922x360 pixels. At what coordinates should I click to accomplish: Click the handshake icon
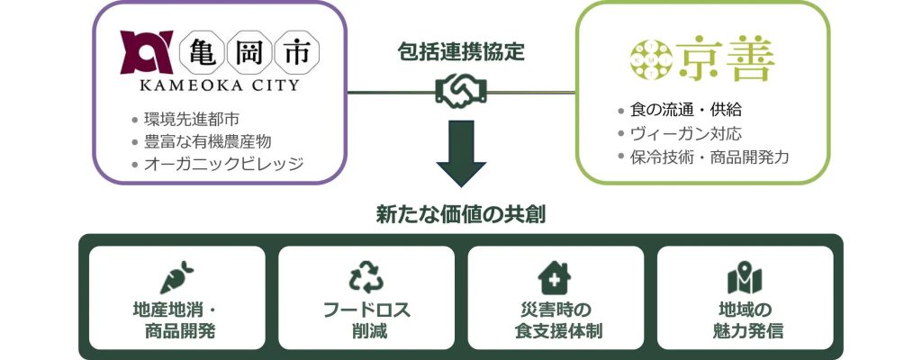pos(460,92)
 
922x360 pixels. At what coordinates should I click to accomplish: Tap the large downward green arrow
pos(460,159)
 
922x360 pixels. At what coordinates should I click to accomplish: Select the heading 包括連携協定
pos(460,51)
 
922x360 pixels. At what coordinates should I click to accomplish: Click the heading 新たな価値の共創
pos(460,215)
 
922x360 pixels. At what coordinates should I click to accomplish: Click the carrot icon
pos(177,276)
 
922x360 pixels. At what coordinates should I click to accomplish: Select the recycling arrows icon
pos(366,276)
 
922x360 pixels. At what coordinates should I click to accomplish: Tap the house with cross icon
pos(555,276)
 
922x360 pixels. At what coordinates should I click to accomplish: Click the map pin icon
pos(744,276)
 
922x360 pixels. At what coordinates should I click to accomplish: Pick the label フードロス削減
pos(366,319)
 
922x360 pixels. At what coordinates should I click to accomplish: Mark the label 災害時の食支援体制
pos(555,319)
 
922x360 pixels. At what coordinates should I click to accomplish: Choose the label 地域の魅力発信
pos(745,319)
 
